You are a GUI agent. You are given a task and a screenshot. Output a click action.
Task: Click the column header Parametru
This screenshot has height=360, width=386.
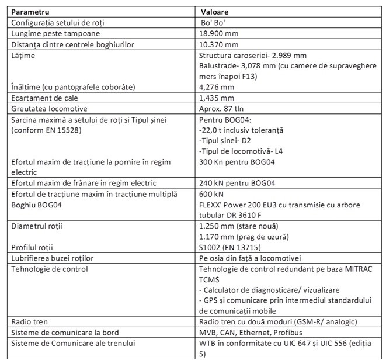pos(30,11)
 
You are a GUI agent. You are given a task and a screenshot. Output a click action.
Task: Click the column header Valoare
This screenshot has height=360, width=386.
pos(214,11)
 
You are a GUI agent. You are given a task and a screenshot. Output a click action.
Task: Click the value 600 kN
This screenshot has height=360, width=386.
pos(211,194)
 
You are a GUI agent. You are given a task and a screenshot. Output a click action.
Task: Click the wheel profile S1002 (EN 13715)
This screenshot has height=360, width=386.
pos(230,248)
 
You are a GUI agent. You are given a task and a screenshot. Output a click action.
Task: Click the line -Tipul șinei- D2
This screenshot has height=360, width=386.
pos(224,141)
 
